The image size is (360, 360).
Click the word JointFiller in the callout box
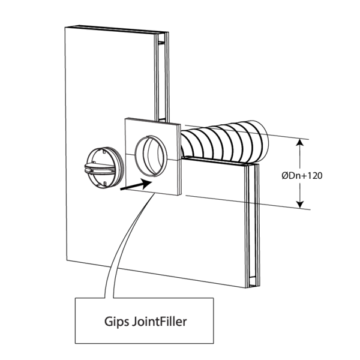click(157, 320)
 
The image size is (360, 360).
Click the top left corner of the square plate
click(125, 119)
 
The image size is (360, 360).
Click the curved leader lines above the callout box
click(120, 252)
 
